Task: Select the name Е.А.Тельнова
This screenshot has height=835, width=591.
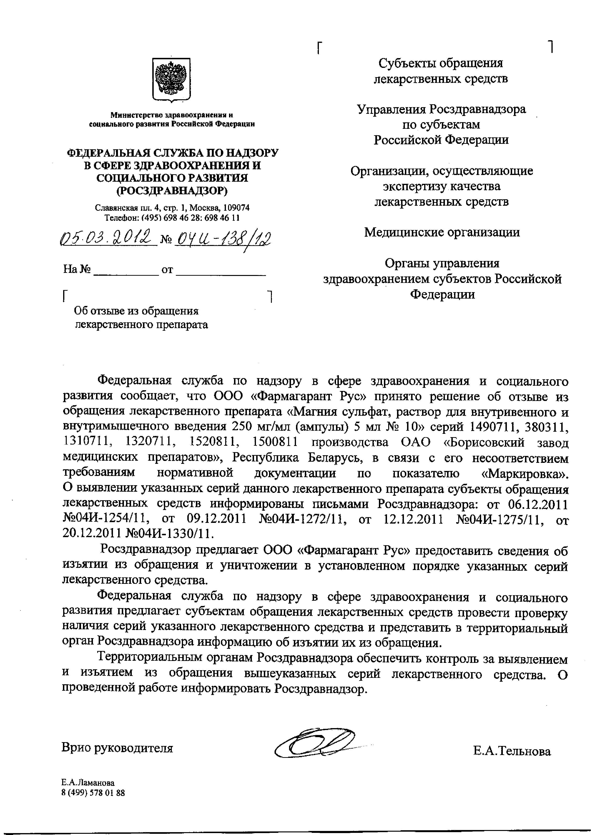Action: [x=512, y=751]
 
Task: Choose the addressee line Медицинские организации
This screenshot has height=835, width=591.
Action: [x=442, y=232]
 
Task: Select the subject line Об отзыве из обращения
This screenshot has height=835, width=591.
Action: [x=137, y=311]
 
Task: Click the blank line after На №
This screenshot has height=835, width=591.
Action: [x=126, y=270]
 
